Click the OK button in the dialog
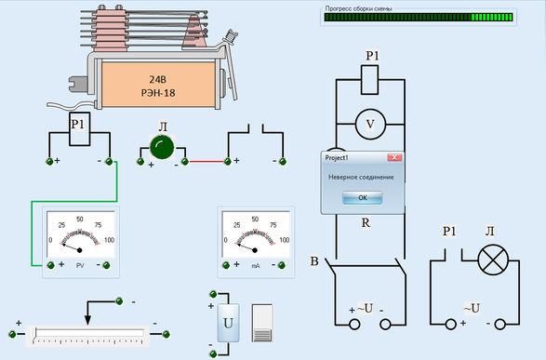(363, 197)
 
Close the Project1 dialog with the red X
(394, 158)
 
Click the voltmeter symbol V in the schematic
(370, 124)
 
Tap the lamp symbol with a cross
(493, 260)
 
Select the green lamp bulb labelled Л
(162, 147)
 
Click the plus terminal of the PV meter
(51, 265)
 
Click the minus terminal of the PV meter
(107, 266)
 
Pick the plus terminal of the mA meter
(226, 266)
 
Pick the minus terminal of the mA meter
(282, 266)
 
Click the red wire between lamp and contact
(206, 162)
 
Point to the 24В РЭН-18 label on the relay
(158, 86)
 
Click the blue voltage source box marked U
(228, 323)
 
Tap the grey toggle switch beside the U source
(262, 323)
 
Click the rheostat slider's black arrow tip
(87, 325)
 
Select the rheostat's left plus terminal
(12, 335)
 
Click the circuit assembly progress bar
(419, 17)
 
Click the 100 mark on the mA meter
(284, 240)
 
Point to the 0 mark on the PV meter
(50, 240)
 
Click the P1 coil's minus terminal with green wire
(109, 162)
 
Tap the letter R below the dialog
(366, 222)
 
